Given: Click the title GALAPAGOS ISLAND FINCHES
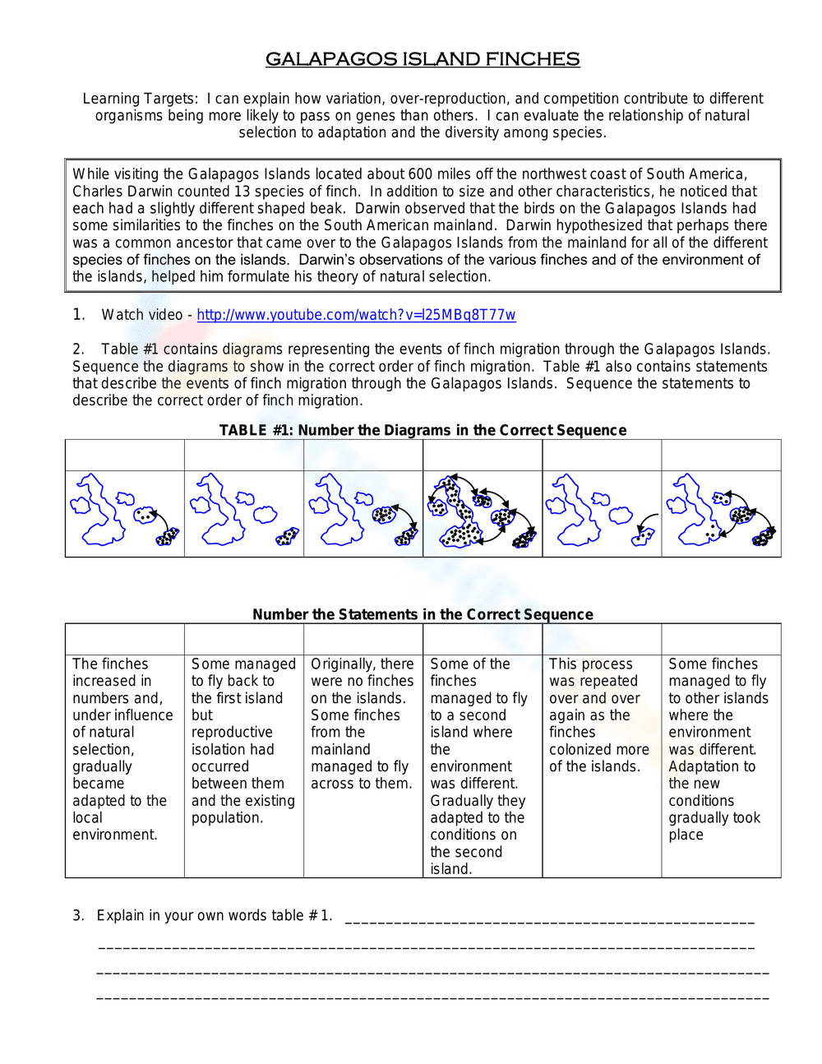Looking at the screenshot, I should pyautogui.click(x=423, y=59).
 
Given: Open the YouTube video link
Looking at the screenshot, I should pyautogui.click(x=356, y=315).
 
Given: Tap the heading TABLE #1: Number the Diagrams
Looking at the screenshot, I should pyautogui.click(x=423, y=430).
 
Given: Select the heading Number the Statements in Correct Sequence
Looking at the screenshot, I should pyautogui.click(x=423, y=614).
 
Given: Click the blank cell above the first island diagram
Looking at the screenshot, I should pyautogui.click(x=125, y=455).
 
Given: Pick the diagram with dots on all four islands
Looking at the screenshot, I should pyautogui.click(x=483, y=513).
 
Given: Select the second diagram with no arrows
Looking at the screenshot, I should pyautogui.click(x=244, y=513).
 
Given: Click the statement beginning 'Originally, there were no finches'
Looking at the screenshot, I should pyautogui.click(x=363, y=724).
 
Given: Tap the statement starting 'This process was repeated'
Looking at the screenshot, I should pyautogui.click(x=599, y=715).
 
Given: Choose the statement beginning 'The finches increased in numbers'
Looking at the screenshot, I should pyautogui.click(x=122, y=748).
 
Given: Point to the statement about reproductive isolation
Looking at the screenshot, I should pyautogui.click(x=242, y=740).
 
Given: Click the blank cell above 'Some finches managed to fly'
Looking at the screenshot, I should pyautogui.click(x=721, y=639).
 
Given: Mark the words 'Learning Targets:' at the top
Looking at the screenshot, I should pyautogui.click(x=141, y=99).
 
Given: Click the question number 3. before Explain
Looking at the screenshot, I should pyautogui.click(x=78, y=915).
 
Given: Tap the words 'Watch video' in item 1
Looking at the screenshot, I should pyautogui.click(x=141, y=315).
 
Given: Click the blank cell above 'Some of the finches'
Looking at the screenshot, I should pyautogui.click(x=483, y=639).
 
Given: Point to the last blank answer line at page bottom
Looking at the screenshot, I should pyautogui.click(x=432, y=998).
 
